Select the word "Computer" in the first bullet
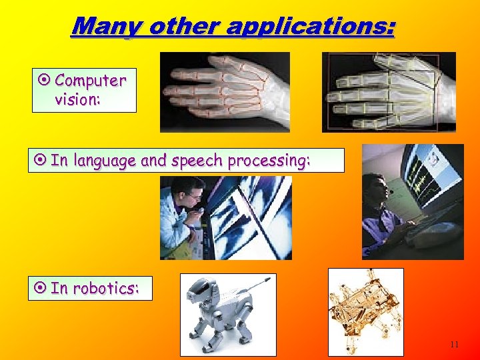pyautogui.click(x=90, y=81)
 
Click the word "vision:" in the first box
pyautogui.click(x=77, y=99)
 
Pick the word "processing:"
pyautogui.click(x=269, y=161)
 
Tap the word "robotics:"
pyautogui.click(x=105, y=288)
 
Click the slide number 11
pyautogui.click(x=454, y=345)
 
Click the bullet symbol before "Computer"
pyautogui.click(x=45, y=81)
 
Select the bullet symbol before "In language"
pyautogui.click(x=40, y=161)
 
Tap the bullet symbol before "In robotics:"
pyautogui.click(x=40, y=288)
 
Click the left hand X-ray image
pyautogui.click(x=225, y=91)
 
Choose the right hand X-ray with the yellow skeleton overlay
pyautogui.click(x=388, y=91)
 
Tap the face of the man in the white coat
pyautogui.click(x=192, y=198)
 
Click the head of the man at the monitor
pyautogui.click(x=378, y=187)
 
